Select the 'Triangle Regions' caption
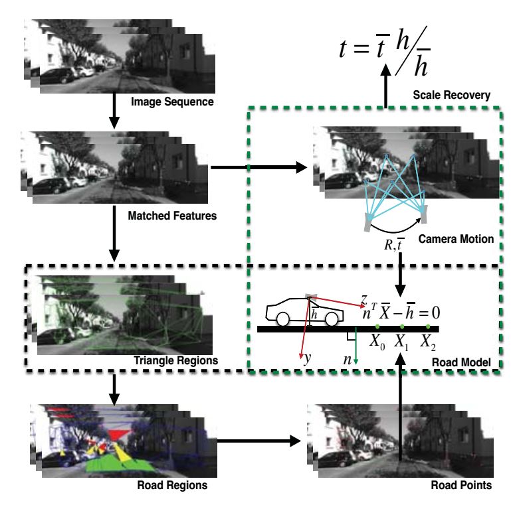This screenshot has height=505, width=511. tap(175, 360)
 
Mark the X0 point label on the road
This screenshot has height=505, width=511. tap(377, 342)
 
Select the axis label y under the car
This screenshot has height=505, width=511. tap(307, 358)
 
